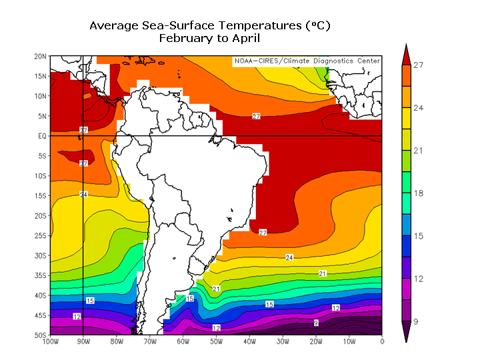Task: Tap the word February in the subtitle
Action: tap(185, 38)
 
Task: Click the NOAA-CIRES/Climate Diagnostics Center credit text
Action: tap(307, 61)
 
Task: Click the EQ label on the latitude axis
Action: tap(41, 136)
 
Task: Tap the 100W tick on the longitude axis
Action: tap(49, 342)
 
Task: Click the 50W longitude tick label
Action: tap(215, 342)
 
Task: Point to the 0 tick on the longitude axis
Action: tap(382, 342)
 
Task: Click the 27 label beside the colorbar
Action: tap(418, 65)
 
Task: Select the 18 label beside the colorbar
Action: tap(418, 193)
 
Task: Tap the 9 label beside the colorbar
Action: tap(416, 321)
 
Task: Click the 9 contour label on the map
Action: tap(316, 323)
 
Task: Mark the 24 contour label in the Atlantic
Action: tap(289, 257)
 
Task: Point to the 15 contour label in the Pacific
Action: tap(90, 301)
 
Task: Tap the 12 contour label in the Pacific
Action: tap(77, 316)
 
